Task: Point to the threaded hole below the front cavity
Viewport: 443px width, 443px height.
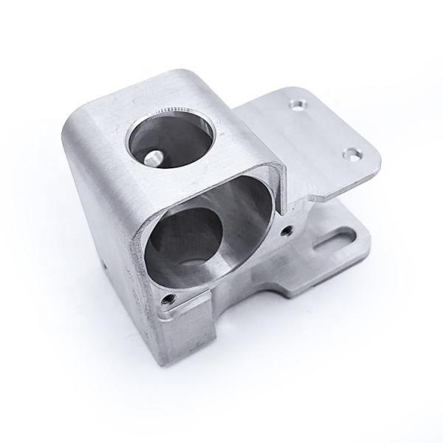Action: tap(169, 298)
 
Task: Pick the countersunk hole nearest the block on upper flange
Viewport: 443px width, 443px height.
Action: tap(297, 104)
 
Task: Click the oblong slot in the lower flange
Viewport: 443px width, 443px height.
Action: tap(337, 239)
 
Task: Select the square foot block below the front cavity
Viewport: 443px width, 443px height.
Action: tap(181, 332)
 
